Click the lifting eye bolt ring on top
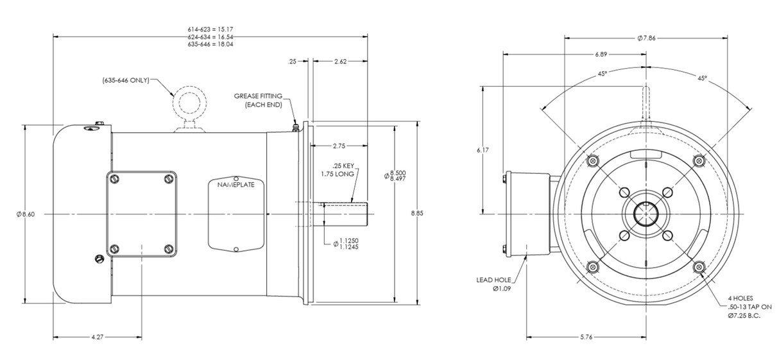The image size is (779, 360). tap(185, 101)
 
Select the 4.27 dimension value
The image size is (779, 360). tap(97, 337)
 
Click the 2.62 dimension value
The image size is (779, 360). tap(341, 62)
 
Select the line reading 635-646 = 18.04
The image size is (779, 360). tap(210, 45)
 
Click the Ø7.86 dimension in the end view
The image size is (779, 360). tap(646, 39)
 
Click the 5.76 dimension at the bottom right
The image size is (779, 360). tap(586, 337)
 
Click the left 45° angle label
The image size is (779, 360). tap(602, 74)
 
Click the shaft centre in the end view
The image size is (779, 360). tap(646, 214)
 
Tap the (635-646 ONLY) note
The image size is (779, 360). tap(126, 80)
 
